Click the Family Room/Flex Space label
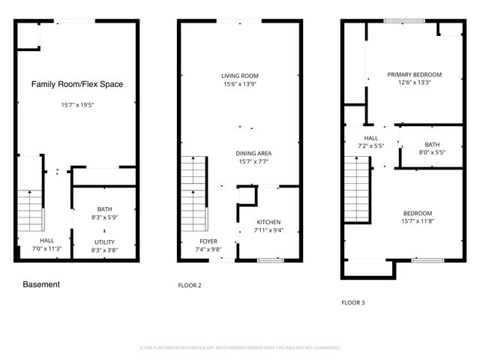click(76, 85)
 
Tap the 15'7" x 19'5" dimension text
click(76, 105)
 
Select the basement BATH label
click(104, 209)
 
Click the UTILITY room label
click(104, 241)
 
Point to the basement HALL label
click(46, 241)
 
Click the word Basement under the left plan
click(41, 285)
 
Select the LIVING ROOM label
click(239, 76)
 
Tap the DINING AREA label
click(253, 153)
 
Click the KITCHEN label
click(269, 223)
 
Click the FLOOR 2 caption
click(189, 286)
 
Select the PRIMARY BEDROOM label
click(414, 75)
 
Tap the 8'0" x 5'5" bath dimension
click(431, 152)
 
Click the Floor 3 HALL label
click(371, 138)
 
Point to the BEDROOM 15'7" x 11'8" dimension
click(418, 220)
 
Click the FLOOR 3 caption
click(352, 303)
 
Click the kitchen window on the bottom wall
click(268, 260)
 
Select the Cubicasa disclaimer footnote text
click(240, 348)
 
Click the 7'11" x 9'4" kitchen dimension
click(269, 231)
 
